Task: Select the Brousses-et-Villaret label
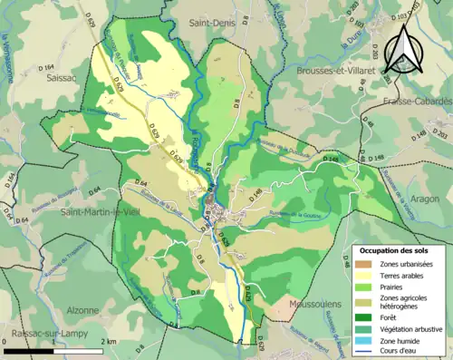pyautogui.click(x=335, y=70)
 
